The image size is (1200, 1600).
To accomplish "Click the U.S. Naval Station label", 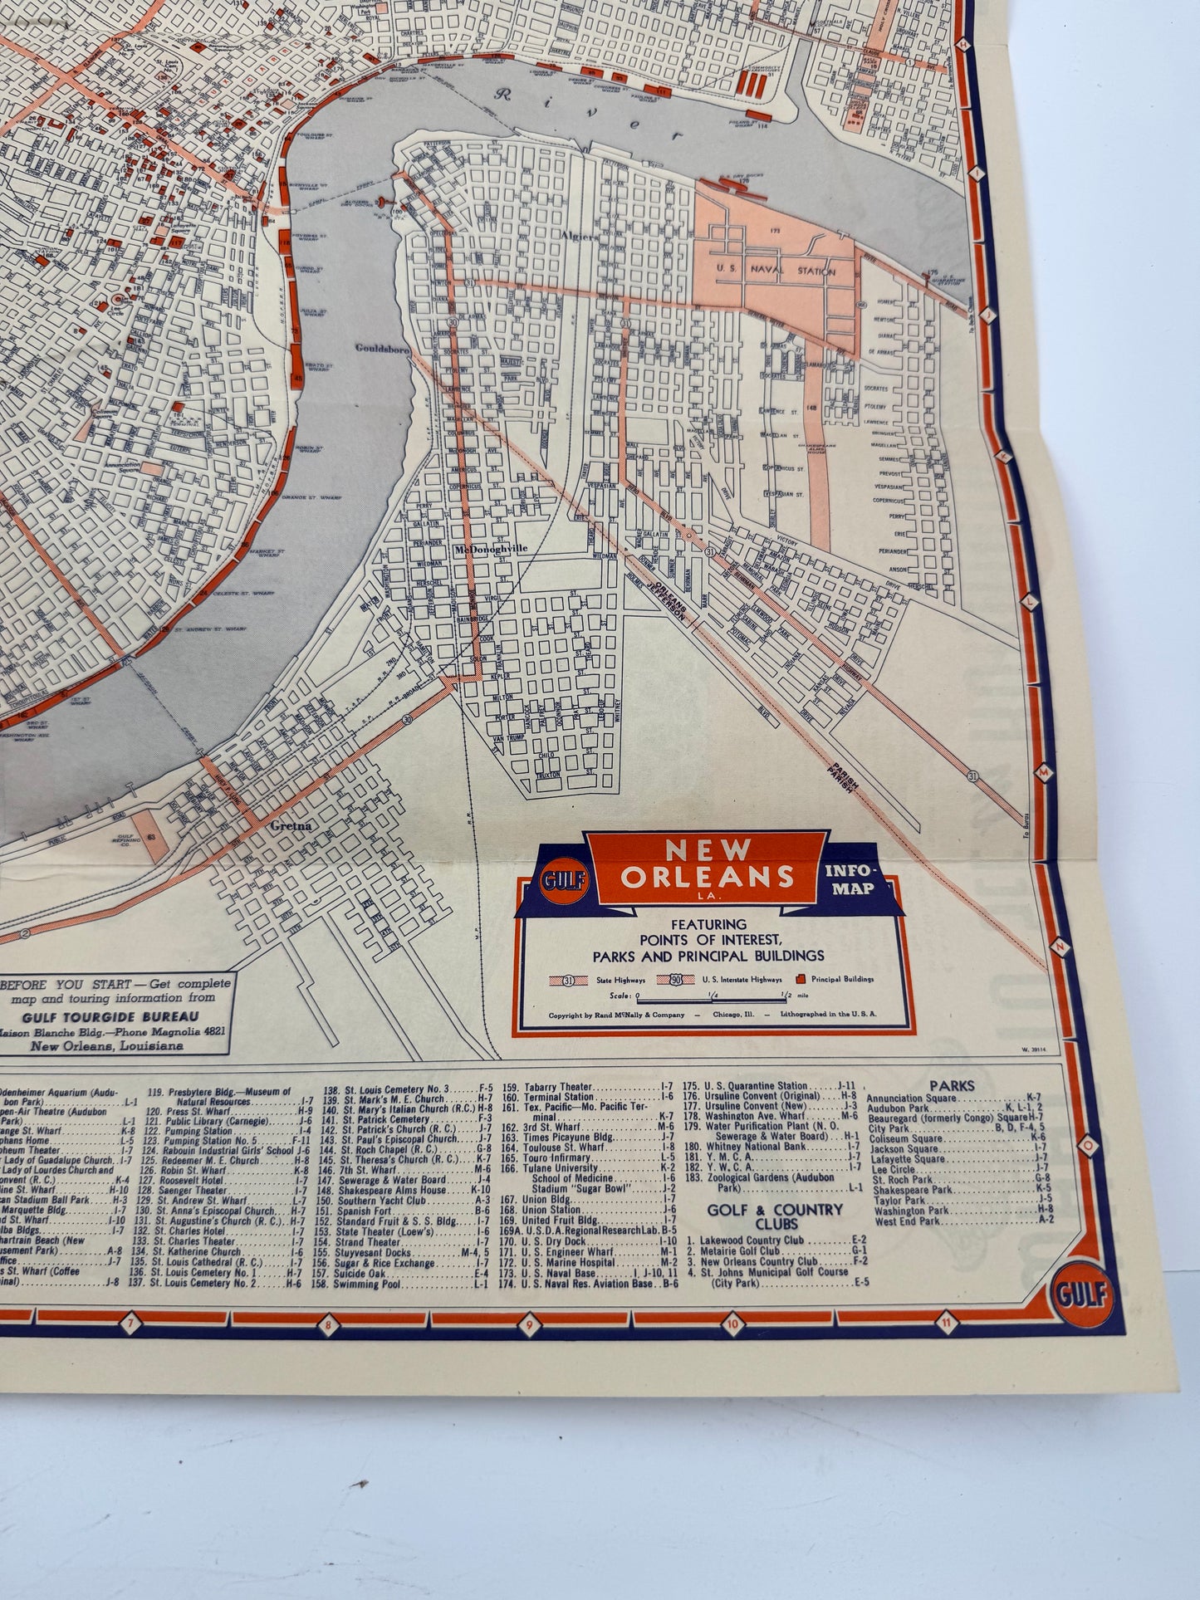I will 774,271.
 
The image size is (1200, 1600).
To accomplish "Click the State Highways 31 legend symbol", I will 572,980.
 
